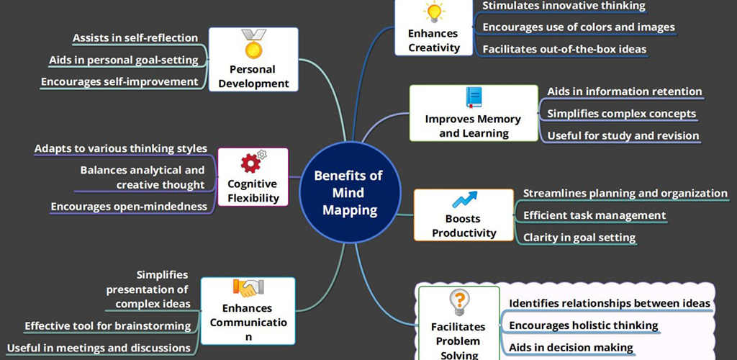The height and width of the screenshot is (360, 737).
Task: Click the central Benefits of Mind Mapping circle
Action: click(x=351, y=193)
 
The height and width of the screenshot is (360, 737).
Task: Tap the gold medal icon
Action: click(x=253, y=44)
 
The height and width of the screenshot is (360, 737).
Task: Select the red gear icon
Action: click(x=253, y=162)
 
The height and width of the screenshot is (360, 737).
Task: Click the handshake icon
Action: click(x=248, y=288)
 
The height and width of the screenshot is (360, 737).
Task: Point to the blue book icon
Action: click(x=474, y=97)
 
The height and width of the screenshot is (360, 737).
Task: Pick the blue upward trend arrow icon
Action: click(x=464, y=199)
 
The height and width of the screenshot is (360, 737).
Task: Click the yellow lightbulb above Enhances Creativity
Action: click(x=433, y=12)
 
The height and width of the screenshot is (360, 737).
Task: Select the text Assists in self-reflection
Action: click(x=135, y=37)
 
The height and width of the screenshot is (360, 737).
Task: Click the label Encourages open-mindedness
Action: click(x=129, y=207)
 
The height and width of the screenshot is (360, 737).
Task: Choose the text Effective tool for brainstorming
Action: click(x=108, y=325)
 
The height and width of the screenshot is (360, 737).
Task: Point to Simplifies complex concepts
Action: click(x=621, y=113)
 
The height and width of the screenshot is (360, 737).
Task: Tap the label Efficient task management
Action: click(x=594, y=215)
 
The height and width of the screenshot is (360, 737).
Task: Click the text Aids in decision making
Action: click(x=571, y=348)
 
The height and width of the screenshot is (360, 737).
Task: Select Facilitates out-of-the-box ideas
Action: click(x=564, y=49)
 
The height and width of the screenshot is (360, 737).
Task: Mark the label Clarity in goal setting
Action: click(x=579, y=238)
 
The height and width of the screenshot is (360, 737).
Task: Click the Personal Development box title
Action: click(x=253, y=76)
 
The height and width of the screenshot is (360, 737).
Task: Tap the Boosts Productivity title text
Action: click(x=464, y=225)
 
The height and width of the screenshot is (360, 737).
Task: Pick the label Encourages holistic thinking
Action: click(x=583, y=325)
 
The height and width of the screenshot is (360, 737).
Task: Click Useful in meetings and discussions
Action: click(x=98, y=348)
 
